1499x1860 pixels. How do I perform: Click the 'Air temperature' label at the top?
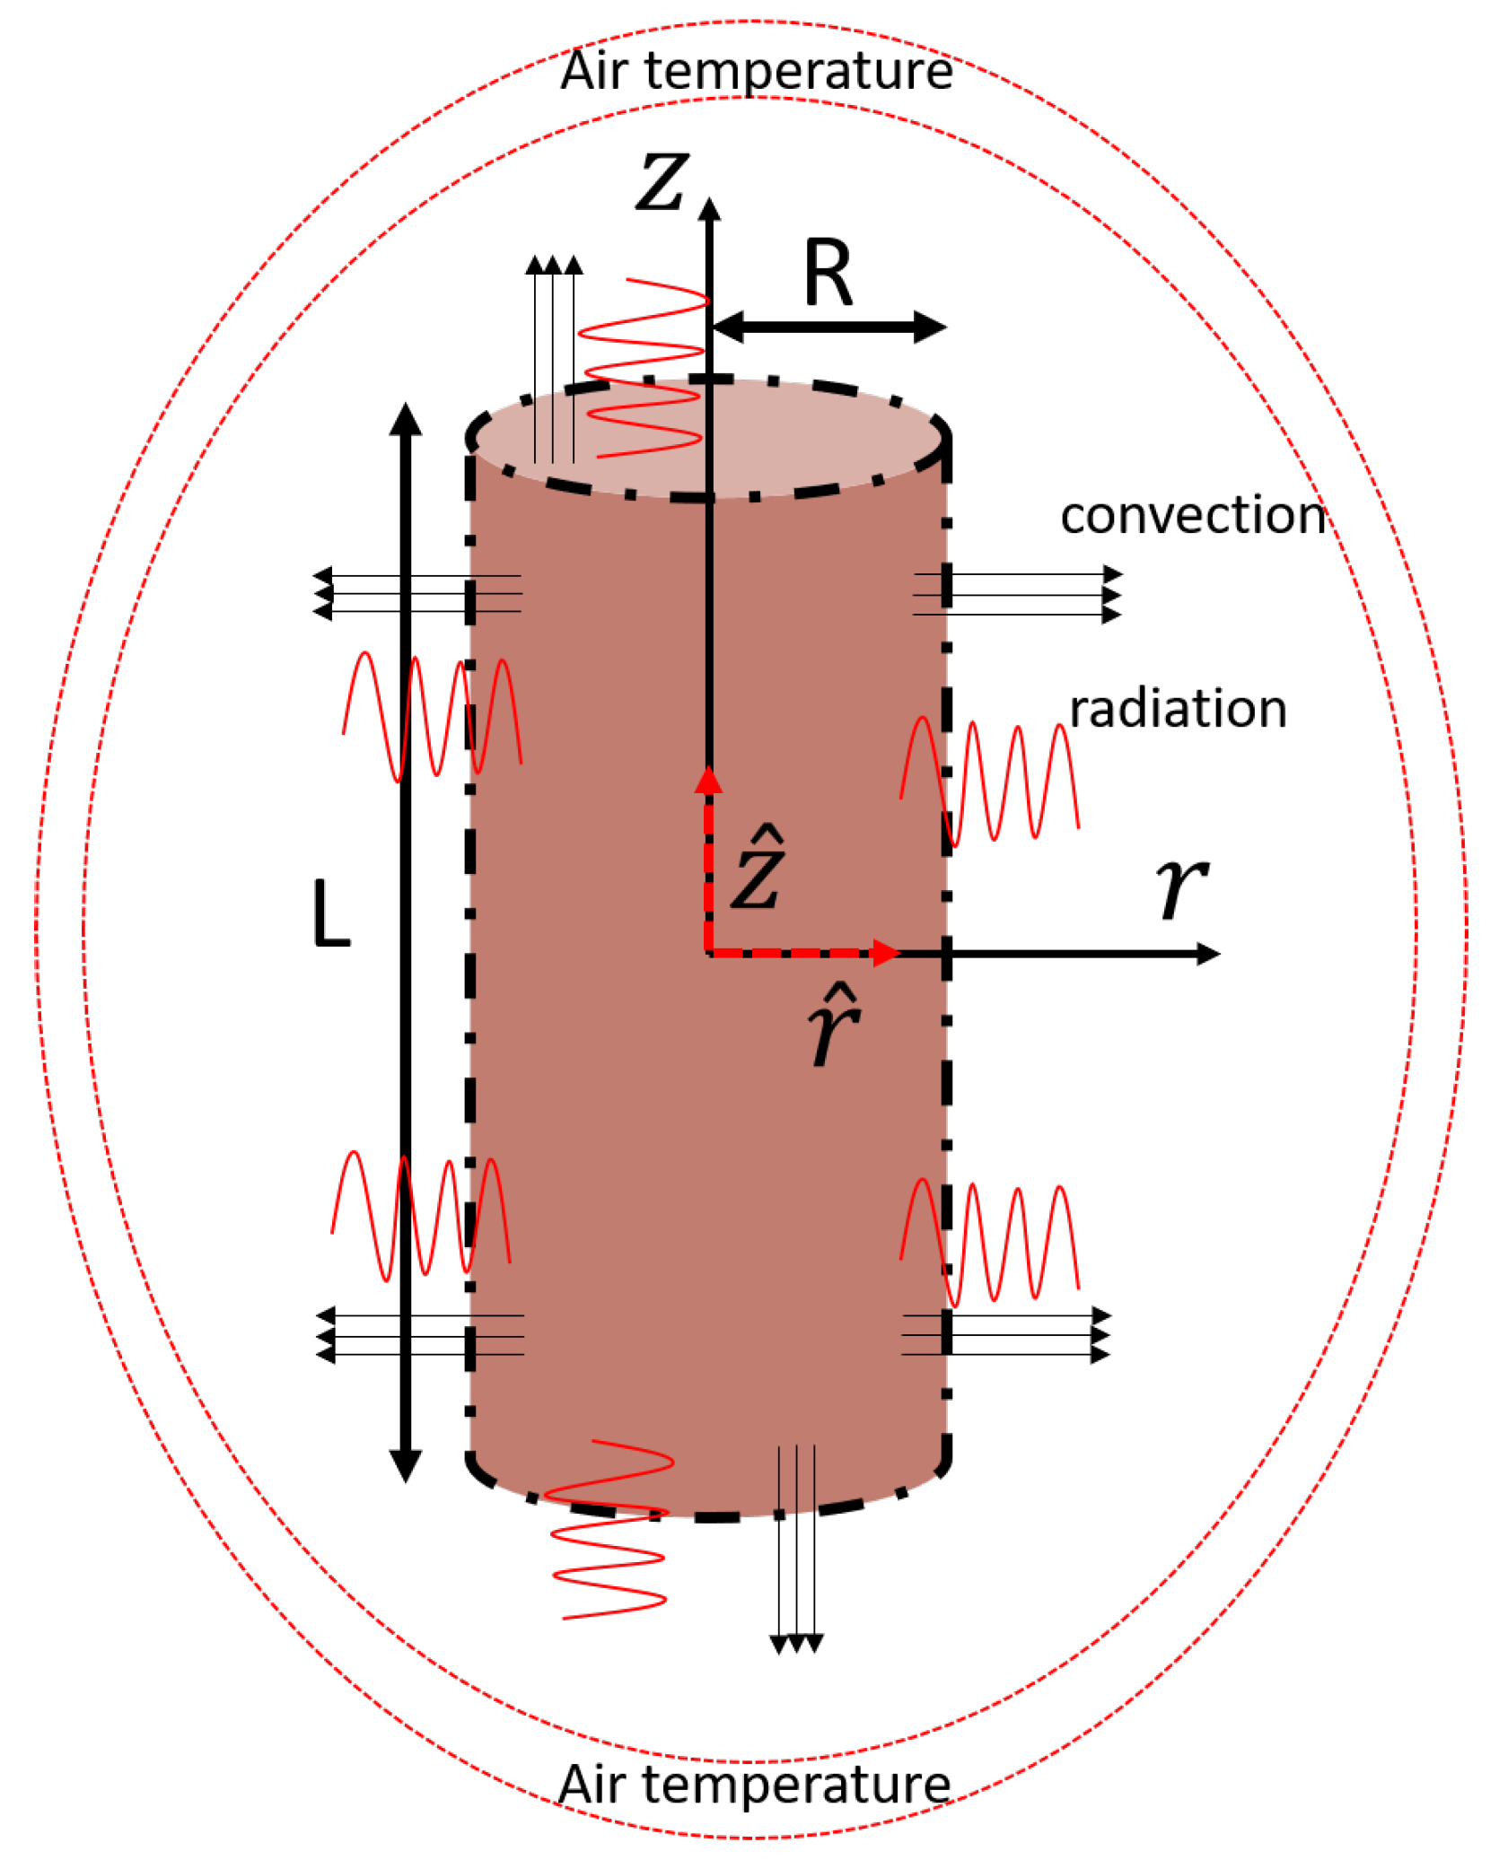tap(756, 72)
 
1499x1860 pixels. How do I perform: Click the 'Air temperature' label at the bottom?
tap(754, 1785)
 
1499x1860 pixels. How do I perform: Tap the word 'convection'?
tap(1193, 516)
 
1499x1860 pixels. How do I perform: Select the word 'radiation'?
tap(1178, 709)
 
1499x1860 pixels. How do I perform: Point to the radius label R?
tap(828, 274)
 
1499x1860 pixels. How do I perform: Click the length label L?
tap(330, 913)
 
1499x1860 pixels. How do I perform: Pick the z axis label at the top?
tap(662, 182)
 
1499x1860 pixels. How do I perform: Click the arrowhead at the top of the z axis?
tap(709, 209)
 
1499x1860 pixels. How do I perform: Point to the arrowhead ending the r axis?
tap(1208, 954)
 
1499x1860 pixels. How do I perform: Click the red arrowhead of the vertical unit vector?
tap(708, 781)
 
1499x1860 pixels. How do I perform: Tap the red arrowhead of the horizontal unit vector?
tap(886, 953)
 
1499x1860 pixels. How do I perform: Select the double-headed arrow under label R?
tap(828, 327)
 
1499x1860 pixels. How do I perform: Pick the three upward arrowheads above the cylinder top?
tap(554, 265)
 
